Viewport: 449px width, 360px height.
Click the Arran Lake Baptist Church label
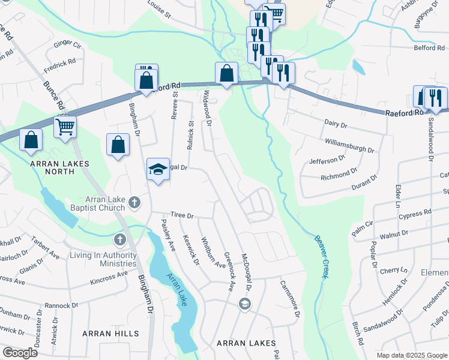click(89, 203)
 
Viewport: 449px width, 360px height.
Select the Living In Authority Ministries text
click(103, 260)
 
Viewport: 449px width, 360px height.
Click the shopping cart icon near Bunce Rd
click(65, 127)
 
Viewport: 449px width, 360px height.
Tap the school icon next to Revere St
click(157, 170)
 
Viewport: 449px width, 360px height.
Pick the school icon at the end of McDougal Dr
click(244, 304)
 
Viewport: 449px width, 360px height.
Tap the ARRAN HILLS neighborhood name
click(110, 334)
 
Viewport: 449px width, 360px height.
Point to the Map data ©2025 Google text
click(412, 355)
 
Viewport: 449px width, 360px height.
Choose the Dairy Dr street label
click(336, 124)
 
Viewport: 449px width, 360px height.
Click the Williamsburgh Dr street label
click(349, 146)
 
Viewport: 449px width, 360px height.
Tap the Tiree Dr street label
click(182, 215)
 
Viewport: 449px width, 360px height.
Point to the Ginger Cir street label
click(68, 44)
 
